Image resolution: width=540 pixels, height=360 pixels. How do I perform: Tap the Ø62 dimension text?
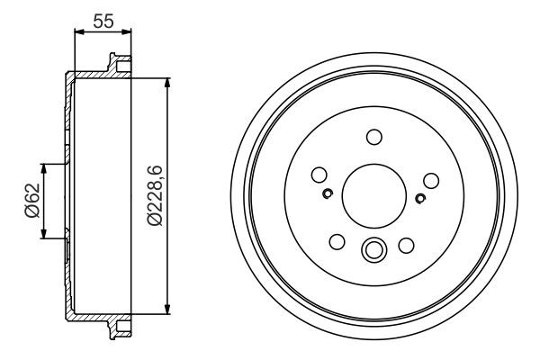30,202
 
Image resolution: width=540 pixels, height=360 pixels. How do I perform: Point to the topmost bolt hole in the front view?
373,137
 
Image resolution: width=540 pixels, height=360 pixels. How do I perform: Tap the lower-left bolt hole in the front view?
337,243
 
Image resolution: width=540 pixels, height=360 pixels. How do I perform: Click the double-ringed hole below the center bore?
373,250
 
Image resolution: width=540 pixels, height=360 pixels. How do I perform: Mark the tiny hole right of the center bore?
419,197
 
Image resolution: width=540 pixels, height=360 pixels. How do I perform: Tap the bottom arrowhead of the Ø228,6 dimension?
167,310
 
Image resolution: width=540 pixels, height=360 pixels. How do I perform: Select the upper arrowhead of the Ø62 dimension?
43,168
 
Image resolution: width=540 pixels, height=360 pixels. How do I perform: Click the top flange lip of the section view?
115,63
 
